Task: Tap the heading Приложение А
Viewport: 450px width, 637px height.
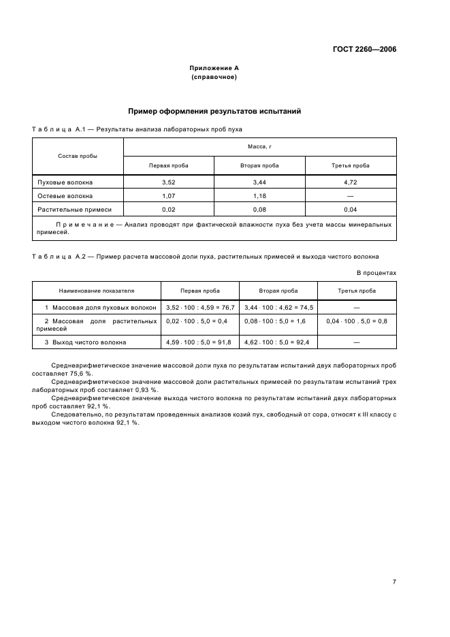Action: point(214,68)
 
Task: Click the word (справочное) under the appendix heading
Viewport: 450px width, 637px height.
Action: point(214,77)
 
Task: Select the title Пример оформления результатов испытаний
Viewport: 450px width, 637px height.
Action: point(214,111)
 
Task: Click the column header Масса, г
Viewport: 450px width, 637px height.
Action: point(259,146)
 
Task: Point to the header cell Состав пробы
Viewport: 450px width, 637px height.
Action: point(78,156)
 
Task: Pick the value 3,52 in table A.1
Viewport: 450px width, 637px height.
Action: point(169,182)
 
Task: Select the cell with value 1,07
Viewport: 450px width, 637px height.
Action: point(169,196)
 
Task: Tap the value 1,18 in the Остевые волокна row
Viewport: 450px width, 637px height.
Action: point(259,196)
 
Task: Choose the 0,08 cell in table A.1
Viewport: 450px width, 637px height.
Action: point(259,210)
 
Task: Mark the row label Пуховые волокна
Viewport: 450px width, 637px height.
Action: point(65,182)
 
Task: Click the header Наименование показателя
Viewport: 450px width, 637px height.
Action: point(97,290)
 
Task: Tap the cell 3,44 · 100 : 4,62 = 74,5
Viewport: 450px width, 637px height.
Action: point(278,308)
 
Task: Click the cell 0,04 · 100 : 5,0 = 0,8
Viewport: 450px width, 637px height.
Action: point(357,321)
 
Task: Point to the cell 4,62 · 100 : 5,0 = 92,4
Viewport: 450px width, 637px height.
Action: point(278,342)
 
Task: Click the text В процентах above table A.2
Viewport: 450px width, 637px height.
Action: point(376,272)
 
